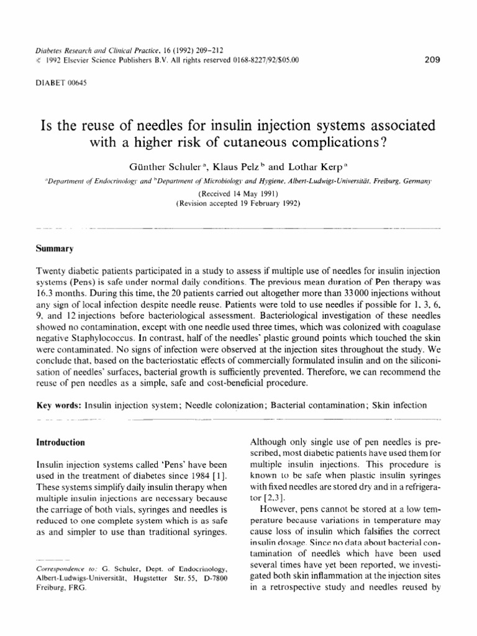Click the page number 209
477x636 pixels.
tap(431, 60)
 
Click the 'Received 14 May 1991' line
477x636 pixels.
tap(238, 193)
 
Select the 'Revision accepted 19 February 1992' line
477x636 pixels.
tap(238, 202)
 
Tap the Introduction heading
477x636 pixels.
tap(63, 442)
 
